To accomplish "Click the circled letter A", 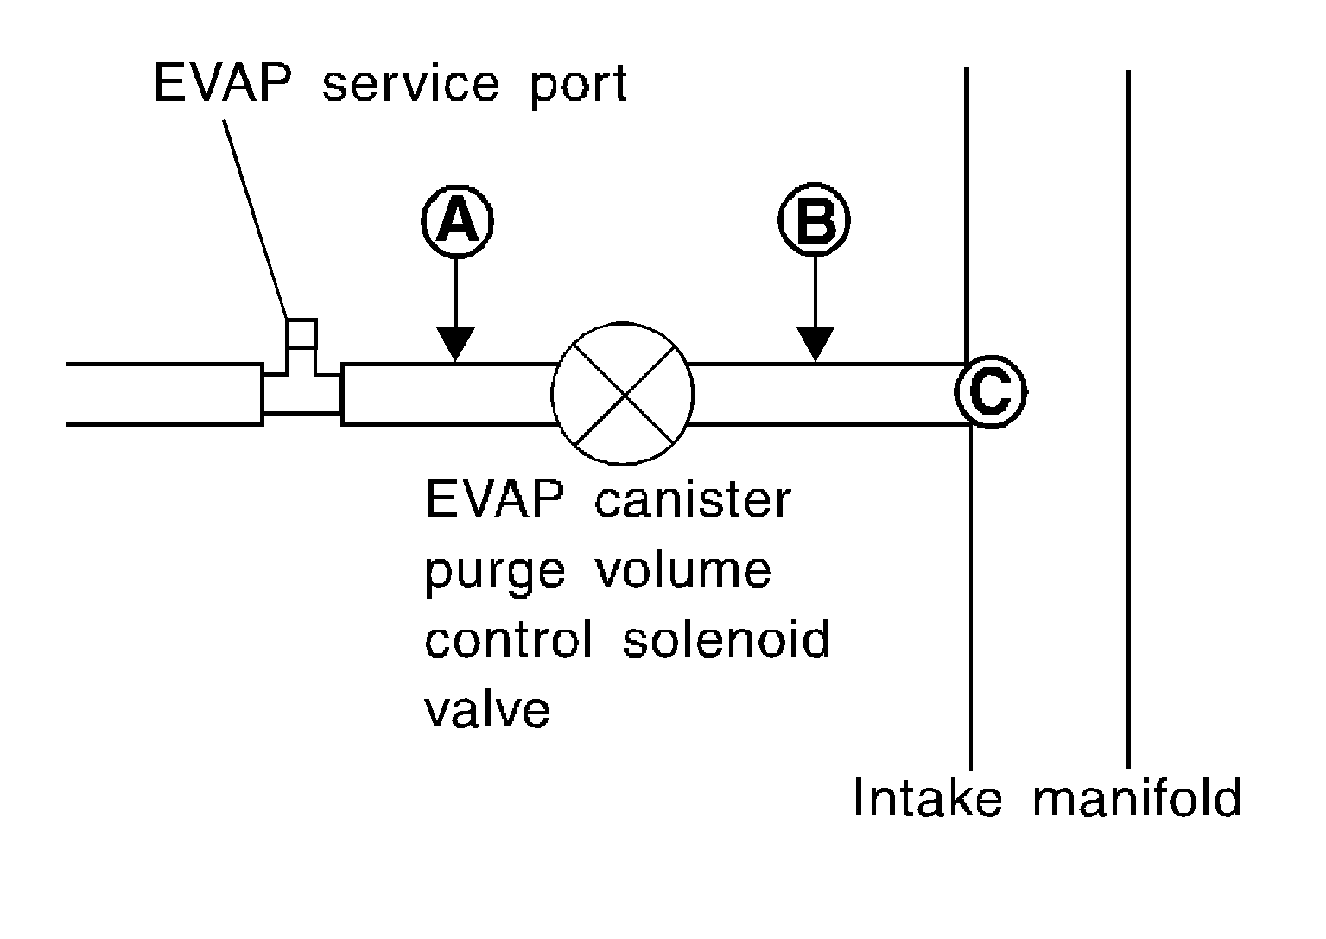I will [x=458, y=222].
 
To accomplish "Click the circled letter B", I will [x=815, y=222].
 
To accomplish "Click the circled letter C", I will [x=991, y=393].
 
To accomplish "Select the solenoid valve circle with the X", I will [x=623, y=394].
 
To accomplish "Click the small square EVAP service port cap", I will [x=302, y=333].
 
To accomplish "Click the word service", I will [x=411, y=85].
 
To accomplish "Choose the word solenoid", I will [x=726, y=640].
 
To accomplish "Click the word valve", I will [x=487, y=710].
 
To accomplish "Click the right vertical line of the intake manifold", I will [x=1128, y=415].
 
